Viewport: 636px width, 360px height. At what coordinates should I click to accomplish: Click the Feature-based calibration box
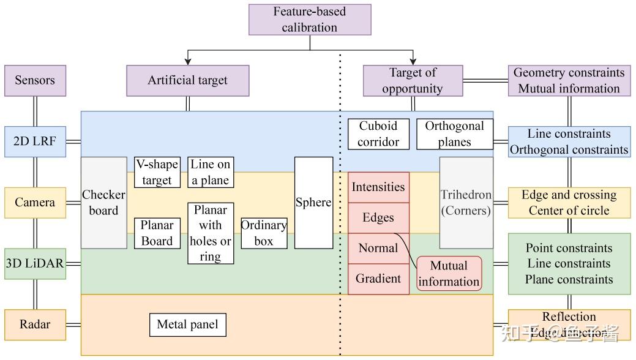[x=310, y=20]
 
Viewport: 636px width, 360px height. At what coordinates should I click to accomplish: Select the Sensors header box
[x=35, y=80]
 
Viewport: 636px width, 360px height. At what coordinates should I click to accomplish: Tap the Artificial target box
[x=187, y=80]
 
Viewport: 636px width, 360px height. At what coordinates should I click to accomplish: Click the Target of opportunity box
[x=413, y=80]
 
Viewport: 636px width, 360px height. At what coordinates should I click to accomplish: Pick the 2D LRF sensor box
[x=35, y=141]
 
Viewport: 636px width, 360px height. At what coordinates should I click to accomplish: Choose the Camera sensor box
[x=35, y=203]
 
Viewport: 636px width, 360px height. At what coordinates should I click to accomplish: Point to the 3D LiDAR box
[x=35, y=264]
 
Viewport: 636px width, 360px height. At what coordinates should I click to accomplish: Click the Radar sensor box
[x=35, y=324]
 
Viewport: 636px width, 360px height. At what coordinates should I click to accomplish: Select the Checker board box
[x=103, y=203]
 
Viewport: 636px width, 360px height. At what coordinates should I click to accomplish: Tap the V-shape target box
[x=157, y=172]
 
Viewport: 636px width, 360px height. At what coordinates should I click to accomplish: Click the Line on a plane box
[x=210, y=172]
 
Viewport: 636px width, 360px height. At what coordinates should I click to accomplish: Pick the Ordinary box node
[x=264, y=233]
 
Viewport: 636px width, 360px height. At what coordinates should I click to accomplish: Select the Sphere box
[x=313, y=203]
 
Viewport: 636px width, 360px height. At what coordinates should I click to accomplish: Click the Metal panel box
[x=187, y=324]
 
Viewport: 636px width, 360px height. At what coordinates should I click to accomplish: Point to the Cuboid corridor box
[x=378, y=134]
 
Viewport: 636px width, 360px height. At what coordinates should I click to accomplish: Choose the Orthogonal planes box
[x=454, y=134]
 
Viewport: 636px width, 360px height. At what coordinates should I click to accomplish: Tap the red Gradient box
[x=378, y=279]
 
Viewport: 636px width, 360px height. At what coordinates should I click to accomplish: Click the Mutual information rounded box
[x=449, y=274]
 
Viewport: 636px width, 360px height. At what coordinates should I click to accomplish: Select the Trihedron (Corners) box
[x=466, y=203]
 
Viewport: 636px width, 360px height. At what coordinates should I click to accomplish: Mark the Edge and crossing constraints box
[x=569, y=203]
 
